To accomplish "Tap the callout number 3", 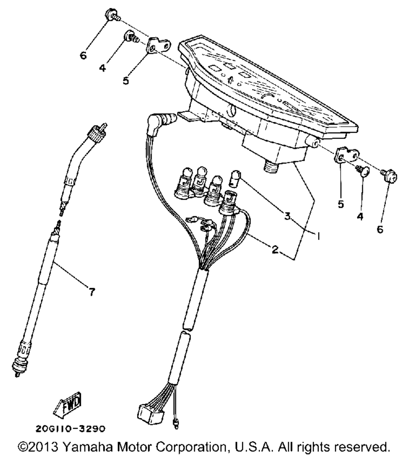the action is tap(288, 216).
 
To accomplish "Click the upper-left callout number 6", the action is tap(83, 56).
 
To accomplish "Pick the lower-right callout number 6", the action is tap(380, 230).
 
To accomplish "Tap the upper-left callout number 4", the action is tap(102, 67).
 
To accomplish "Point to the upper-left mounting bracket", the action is tap(158, 45).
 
